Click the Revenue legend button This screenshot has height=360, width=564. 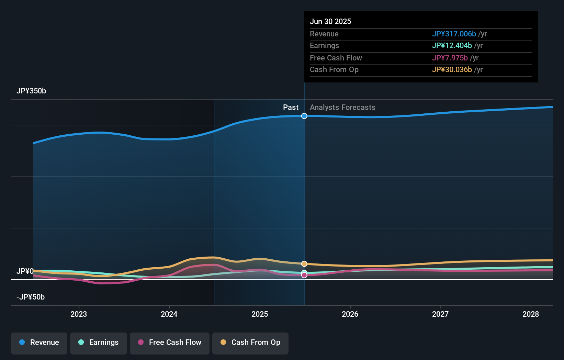click(39, 342)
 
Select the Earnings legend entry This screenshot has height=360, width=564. click(99, 342)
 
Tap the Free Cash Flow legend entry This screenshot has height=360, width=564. click(170, 342)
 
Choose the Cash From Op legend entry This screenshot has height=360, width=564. click(250, 342)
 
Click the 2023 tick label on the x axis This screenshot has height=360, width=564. click(79, 314)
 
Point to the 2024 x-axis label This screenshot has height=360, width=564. click(169, 314)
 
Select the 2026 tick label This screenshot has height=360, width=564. click(350, 314)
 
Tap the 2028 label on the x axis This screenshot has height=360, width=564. click(531, 314)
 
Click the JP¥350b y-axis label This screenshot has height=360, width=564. click(31, 91)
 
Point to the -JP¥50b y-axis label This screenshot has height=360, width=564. click(31, 297)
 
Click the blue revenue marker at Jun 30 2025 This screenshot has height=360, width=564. click(304, 116)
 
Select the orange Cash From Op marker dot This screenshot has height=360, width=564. click(304, 264)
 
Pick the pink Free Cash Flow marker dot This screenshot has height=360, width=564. click(304, 275)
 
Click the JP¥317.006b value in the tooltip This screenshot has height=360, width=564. click(454, 34)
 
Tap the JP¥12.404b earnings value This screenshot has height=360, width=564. click(452, 46)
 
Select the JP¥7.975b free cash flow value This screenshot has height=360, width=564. click(450, 58)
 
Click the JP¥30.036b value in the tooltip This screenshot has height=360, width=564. click(452, 70)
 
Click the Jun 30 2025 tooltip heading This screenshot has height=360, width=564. click(330, 22)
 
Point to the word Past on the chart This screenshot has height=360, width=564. click(291, 108)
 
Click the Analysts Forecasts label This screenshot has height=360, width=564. click(342, 108)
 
